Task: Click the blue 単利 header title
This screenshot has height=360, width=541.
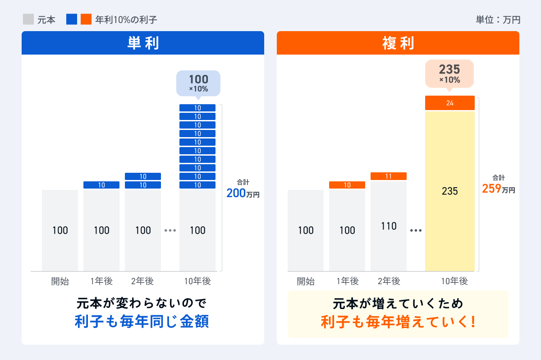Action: [142, 43]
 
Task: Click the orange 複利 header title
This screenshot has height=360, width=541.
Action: [398, 43]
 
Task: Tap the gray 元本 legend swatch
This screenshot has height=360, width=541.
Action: [28, 19]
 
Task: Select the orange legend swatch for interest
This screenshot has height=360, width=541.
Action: [86, 19]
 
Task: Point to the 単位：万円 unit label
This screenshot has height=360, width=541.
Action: [498, 20]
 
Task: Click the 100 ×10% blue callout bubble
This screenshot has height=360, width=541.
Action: [198, 83]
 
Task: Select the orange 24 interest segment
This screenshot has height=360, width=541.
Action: [449, 103]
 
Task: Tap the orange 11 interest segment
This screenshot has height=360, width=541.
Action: [389, 176]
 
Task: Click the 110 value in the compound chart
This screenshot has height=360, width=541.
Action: [389, 226]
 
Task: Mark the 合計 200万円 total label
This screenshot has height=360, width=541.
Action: [243, 189]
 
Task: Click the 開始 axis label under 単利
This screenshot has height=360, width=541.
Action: [60, 282]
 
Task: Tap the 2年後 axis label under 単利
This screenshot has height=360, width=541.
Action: [142, 282]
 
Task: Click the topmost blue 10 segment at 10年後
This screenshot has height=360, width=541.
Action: [197, 108]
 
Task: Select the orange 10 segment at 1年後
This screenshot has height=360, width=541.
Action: [347, 185]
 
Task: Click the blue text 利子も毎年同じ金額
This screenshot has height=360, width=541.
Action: [142, 322]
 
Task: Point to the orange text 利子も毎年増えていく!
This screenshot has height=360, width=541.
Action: [398, 322]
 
